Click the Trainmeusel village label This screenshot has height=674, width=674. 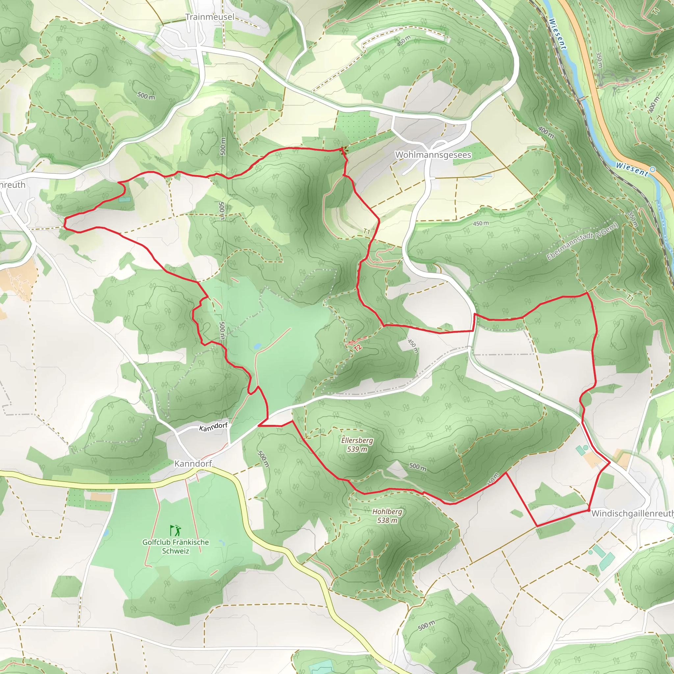210,17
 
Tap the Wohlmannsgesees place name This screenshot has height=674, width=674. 433,155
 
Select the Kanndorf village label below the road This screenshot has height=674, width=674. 193,463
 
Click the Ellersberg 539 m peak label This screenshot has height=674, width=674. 357,444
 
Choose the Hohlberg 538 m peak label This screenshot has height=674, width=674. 387,516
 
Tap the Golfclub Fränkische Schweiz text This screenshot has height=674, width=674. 175,546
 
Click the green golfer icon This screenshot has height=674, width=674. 175,531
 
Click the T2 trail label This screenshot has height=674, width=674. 357,348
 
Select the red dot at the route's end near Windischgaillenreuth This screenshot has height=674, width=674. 589,510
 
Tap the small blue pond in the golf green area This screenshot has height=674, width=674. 257,347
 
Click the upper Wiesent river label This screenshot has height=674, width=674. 557,34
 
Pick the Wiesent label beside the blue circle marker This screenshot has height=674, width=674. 632,169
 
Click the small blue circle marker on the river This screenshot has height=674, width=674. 652,169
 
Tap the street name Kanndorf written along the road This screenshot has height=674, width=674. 213,427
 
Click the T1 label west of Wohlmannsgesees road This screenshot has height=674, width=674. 366,231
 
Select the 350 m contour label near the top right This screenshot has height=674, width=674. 599,60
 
